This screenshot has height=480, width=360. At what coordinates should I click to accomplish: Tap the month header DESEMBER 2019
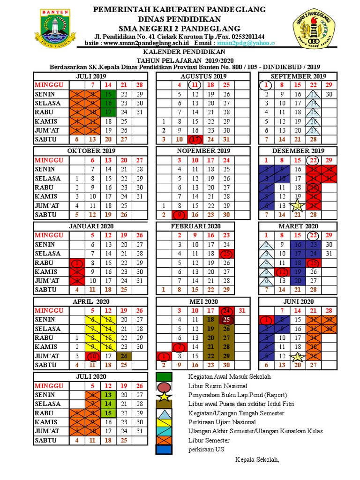(298, 151)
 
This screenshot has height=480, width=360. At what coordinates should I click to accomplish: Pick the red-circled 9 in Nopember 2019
(179, 214)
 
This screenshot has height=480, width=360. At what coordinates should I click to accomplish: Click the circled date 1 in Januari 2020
(77, 262)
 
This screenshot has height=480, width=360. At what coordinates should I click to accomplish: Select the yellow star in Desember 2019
(297, 205)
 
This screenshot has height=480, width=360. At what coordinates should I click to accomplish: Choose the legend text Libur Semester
(209, 440)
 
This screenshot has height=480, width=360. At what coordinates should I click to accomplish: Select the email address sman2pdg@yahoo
(250, 43)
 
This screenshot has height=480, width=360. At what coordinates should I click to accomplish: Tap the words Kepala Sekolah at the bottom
(257, 459)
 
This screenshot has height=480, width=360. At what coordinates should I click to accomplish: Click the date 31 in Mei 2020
(242, 310)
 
